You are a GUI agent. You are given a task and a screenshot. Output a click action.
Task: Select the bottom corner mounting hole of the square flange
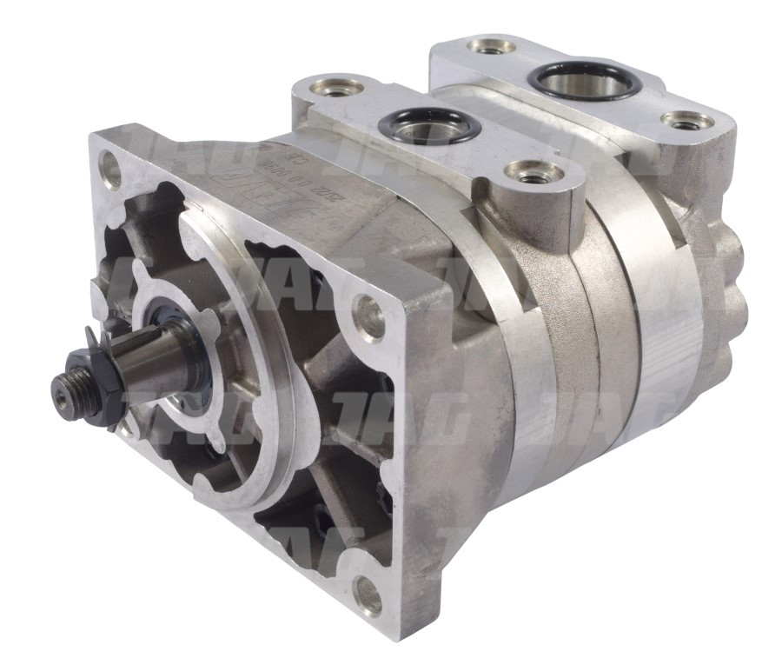pyautogui.click(x=368, y=599)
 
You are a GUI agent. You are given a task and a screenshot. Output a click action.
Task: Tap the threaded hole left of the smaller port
pyautogui.click(x=331, y=90)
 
